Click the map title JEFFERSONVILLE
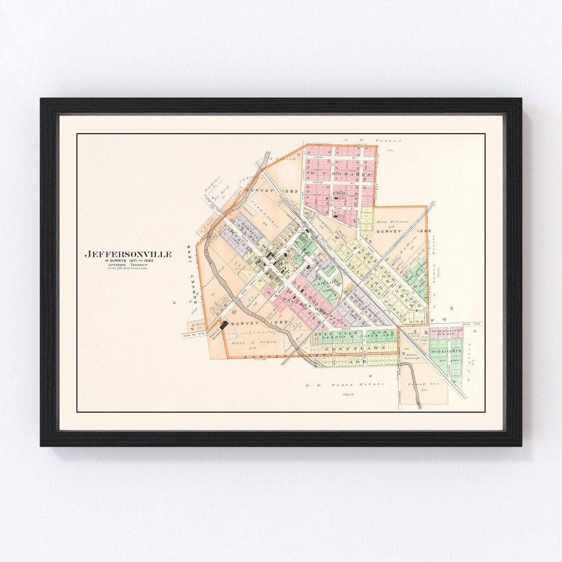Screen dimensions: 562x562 (x=128, y=254)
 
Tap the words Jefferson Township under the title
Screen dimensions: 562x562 (x=128, y=265)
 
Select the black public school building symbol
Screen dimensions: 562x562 (x=224, y=325)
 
